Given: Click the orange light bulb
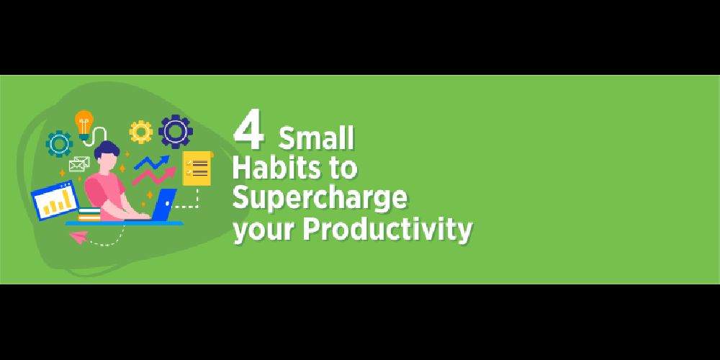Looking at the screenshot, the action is (84, 124).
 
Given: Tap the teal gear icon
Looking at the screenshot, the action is (59, 144).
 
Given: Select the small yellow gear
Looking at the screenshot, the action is (141, 132).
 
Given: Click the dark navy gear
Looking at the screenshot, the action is (176, 132).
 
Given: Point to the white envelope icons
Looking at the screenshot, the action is (79, 164).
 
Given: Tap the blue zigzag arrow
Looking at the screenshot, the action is (152, 162).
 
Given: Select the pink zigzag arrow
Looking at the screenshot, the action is (154, 177).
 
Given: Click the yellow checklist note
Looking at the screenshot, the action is (197, 168).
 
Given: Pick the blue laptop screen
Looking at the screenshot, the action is (164, 204).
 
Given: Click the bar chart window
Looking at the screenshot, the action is (55, 201).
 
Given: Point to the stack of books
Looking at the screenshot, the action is (89, 215).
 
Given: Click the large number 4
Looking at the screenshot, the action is (248, 132).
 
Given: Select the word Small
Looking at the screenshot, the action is (316, 139).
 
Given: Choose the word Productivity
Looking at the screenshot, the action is (387, 229).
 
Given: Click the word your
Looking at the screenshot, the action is (264, 231).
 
